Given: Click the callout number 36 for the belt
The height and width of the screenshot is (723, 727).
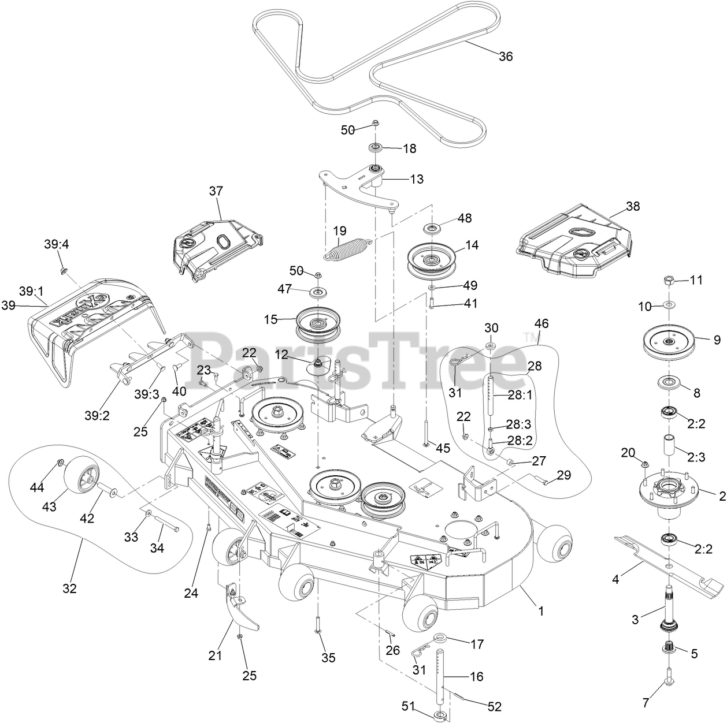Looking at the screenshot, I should [x=506, y=56].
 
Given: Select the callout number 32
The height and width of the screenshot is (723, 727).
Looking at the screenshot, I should [x=69, y=588].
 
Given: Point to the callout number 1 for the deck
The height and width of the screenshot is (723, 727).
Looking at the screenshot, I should [x=541, y=610].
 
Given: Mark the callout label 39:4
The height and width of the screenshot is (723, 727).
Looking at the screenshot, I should [x=56, y=244].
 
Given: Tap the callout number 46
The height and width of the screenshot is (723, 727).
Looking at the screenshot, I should [x=541, y=323].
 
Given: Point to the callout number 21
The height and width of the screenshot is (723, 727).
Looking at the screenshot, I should [x=215, y=656].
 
